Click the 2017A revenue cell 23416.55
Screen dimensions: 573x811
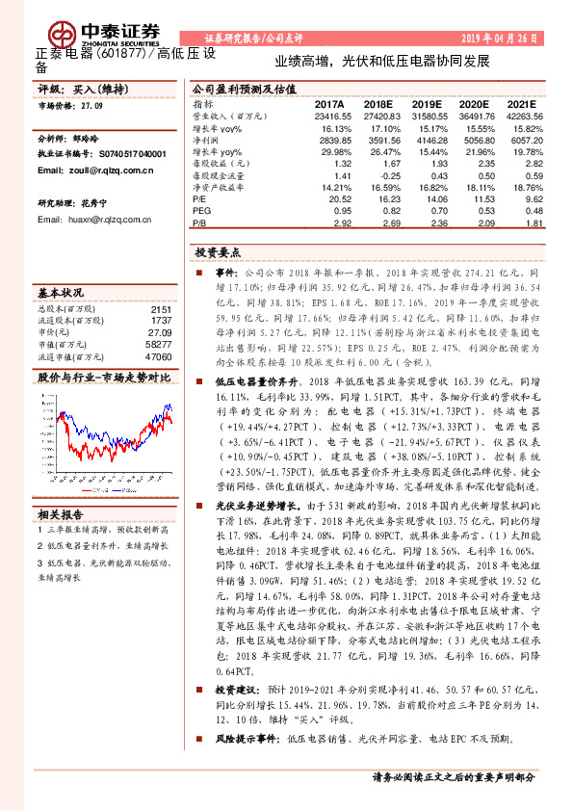(323, 115)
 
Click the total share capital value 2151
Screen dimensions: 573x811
(161, 309)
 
